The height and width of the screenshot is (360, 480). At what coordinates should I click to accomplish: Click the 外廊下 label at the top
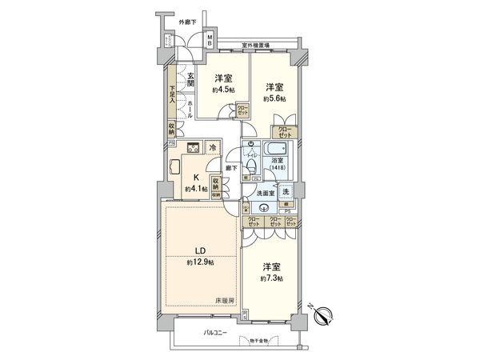tap(189, 21)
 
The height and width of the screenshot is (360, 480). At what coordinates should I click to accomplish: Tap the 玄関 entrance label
tap(191, 80)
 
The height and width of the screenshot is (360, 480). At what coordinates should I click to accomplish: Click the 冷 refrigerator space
tap(212, 147)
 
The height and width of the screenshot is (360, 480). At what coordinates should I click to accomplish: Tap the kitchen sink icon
tap(175, 169)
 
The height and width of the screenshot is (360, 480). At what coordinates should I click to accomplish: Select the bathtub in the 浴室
tap(279, 150)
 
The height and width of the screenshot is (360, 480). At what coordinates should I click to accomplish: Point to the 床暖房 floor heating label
tap(224, 301)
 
